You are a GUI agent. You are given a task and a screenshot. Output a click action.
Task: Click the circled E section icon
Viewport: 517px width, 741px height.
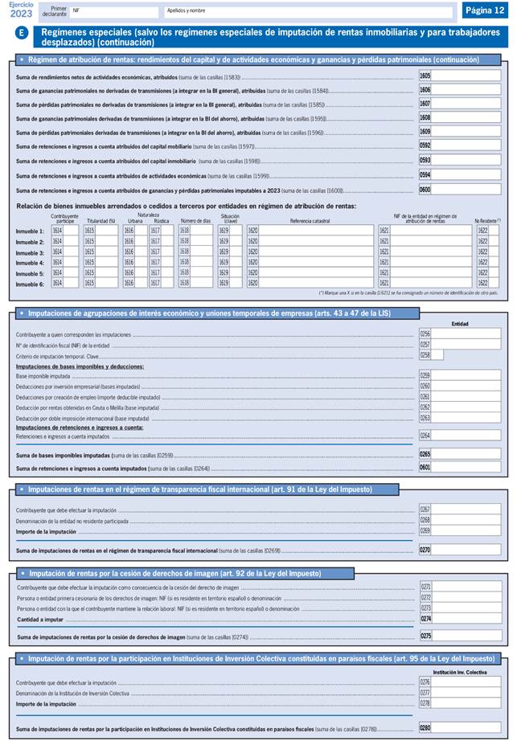tap(22, 33)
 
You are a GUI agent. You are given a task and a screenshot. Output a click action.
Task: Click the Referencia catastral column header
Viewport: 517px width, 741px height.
tap(310, 220)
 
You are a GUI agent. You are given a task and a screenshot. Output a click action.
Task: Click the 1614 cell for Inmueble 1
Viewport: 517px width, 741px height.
tap(65, 231)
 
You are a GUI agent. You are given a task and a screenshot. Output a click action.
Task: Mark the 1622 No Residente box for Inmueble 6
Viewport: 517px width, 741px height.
tap(488, 284)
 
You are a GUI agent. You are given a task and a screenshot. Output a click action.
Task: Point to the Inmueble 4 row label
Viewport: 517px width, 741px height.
tap(30, 263)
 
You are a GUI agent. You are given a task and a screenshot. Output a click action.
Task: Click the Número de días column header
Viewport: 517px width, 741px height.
tap(195, 220)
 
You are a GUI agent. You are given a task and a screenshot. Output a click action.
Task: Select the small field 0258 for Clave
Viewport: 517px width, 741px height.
tap(437, 354)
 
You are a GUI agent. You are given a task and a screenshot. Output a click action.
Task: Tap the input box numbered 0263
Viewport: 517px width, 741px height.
tap(466, 418)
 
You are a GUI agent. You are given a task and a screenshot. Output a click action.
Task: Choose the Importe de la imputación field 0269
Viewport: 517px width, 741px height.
tap(466, 531)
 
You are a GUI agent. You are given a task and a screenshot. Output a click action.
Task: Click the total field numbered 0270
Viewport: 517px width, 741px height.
tap(466, 551)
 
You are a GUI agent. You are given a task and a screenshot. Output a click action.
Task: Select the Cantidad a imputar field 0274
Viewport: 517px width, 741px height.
tap(466, 618)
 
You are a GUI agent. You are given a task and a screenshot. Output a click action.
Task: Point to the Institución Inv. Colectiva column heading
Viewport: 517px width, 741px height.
tap(460, 671)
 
